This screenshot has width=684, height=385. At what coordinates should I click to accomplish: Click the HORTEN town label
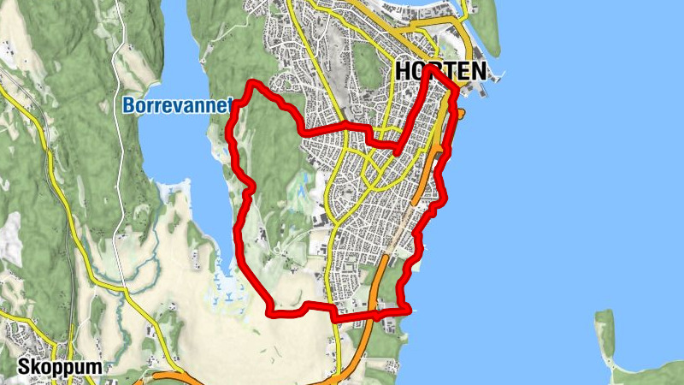441,72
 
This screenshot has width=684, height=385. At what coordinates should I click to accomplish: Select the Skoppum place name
51,367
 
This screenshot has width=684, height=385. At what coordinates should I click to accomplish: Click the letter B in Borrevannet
128,106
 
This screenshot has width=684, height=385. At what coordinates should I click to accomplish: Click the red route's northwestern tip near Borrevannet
252,84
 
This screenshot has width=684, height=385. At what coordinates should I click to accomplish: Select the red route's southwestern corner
272,311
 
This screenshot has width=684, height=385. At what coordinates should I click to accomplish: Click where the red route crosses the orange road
376,315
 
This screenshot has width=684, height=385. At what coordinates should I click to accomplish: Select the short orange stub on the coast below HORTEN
460,113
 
